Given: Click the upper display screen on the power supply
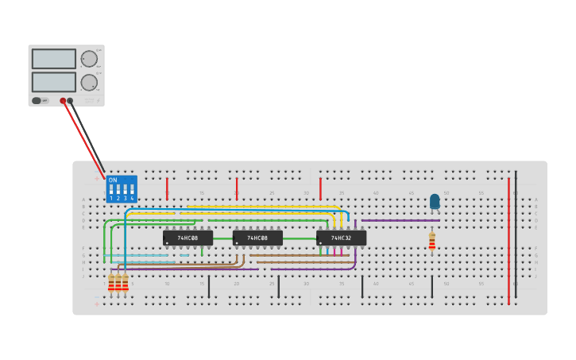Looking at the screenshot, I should point(53,59).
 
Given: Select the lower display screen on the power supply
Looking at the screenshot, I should point(53,82).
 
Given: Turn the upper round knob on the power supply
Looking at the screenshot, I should point(89,59).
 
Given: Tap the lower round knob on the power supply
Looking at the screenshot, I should point(89,82).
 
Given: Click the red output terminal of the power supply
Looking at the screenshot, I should point(63,101).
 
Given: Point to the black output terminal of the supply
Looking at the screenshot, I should point(70,101).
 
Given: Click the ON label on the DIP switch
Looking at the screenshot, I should point(113,180).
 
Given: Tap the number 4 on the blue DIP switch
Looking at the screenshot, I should point(132,198).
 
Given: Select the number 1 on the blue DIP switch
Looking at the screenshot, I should point(111,198).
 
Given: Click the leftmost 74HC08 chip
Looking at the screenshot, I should point(187,238).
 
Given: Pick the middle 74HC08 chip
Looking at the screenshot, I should point(257,238).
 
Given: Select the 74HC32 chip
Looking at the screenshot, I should point(342,238).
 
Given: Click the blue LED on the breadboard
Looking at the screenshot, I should point(435,200).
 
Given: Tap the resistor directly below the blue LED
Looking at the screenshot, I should point(431,241).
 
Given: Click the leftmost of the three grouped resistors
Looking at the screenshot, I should point(111,283).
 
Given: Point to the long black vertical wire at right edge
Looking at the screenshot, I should point(516,234).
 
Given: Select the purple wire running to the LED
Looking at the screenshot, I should point(397,220).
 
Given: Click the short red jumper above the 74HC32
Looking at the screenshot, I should point(320,188).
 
